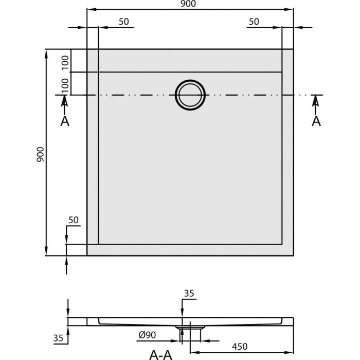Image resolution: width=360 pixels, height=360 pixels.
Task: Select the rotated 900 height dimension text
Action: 41,154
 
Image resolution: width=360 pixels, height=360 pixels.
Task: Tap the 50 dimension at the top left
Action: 123,22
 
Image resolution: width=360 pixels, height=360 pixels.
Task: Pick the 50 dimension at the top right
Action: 254,22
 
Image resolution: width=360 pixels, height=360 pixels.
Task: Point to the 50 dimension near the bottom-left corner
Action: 73,220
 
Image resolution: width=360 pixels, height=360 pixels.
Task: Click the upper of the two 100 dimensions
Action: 65,61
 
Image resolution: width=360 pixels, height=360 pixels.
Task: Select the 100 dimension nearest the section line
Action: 65,84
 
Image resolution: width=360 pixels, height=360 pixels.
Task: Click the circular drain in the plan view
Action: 190,95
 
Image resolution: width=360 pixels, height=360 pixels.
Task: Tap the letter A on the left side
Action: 64,121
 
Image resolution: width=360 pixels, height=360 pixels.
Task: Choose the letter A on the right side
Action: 316,121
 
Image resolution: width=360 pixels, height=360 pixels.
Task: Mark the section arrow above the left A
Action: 64,103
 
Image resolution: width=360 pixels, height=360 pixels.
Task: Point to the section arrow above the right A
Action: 316,103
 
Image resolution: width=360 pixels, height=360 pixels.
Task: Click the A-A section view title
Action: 161,354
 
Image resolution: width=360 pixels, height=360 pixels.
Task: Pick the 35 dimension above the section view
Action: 189,294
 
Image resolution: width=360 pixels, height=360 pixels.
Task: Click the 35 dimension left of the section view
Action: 58,338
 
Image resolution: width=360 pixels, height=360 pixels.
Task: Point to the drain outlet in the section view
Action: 190,327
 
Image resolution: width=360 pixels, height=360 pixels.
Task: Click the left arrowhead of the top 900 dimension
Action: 90,9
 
